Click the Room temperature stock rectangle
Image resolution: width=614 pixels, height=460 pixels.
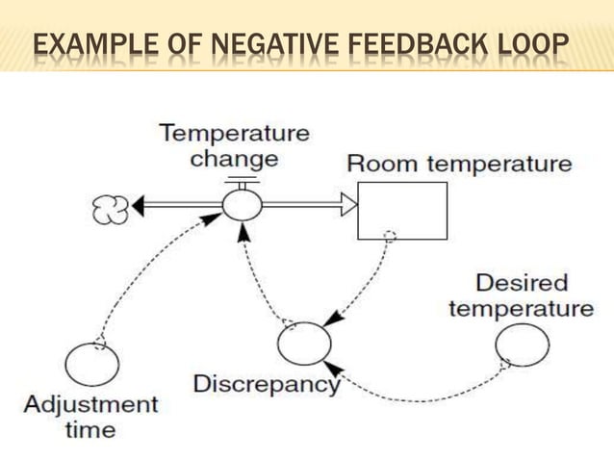(402, 210)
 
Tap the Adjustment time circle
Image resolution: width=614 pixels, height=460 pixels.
(92, 365)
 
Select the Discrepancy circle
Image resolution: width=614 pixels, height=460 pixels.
(303, 344)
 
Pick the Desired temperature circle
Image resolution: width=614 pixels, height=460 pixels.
(523, 345)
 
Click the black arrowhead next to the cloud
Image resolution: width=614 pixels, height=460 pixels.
(139, 205)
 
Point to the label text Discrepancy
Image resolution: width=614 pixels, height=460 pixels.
(267, 385)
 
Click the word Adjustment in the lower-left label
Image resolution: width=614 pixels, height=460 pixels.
(90, 403)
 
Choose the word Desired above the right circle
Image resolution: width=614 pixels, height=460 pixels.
(522, 284)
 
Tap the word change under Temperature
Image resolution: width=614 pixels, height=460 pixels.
(234, 158)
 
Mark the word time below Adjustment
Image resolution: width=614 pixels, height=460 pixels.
(90, 429)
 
